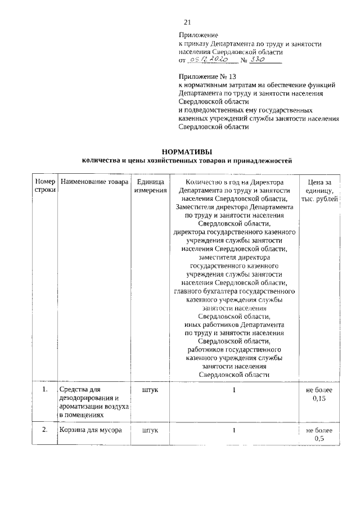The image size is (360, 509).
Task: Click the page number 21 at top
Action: pos(188,22)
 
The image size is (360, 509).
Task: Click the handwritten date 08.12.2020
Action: pos(209,59)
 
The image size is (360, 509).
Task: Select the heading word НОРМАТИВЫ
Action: pos(187,151)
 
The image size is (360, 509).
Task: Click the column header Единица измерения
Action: pos(150,186)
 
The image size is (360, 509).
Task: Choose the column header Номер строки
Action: pos(45,186)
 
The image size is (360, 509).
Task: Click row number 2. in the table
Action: pos(45,431)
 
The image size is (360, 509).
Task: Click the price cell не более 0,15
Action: pos(319,394)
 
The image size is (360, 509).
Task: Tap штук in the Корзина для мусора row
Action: pos(150,431)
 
